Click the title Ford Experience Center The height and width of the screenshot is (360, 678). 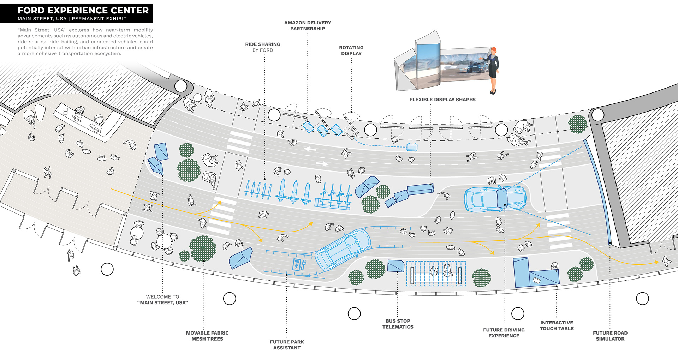click(83, 10)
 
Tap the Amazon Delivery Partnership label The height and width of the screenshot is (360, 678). click(308, 25)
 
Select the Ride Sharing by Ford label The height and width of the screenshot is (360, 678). click(263, 47)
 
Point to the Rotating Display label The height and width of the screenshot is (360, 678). click(351, 50)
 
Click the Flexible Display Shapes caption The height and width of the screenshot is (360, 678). click(442, 100)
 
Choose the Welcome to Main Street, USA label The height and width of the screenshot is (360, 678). click(162, 300)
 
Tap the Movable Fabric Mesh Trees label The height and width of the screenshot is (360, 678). click(207, 336)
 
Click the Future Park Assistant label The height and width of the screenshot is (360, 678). click(287, 345)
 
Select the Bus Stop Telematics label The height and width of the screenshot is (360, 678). click(398, 324)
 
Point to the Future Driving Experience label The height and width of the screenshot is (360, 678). click(504, 332)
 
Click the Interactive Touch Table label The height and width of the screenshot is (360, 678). click(557, 325)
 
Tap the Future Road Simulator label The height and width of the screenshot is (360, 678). click(610, 336)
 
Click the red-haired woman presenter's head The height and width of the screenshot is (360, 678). click(494, 51)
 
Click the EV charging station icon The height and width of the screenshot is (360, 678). click(298, 264)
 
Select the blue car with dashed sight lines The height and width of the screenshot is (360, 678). click(494, 199)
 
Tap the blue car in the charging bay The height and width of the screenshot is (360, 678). click(343, 249)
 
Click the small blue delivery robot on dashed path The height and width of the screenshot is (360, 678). click(412, 147)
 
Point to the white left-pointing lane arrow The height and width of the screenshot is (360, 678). click(310, 149)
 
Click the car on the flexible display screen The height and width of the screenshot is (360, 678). click(475, 67)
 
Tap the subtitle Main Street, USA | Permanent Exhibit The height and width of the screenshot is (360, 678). click(72, 19)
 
